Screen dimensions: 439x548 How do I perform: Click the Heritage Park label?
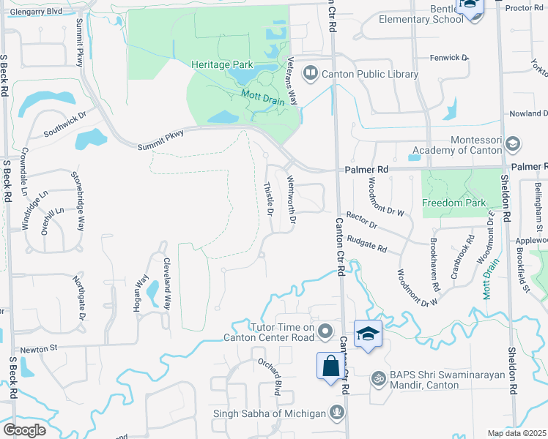point(222,65)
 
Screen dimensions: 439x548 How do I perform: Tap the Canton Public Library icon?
point(311,74)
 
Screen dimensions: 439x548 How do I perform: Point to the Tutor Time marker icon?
point(325,334)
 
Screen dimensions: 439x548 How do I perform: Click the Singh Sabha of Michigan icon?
point(336,413)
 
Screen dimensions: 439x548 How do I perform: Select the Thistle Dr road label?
point(268,200)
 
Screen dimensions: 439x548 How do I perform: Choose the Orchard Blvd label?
point(268,373)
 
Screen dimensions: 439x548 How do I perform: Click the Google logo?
point(23,429)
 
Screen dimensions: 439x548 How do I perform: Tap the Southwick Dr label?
point(64,124)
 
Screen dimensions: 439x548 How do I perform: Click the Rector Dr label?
point(361,221)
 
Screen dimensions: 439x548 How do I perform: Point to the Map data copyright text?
point(517,433)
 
